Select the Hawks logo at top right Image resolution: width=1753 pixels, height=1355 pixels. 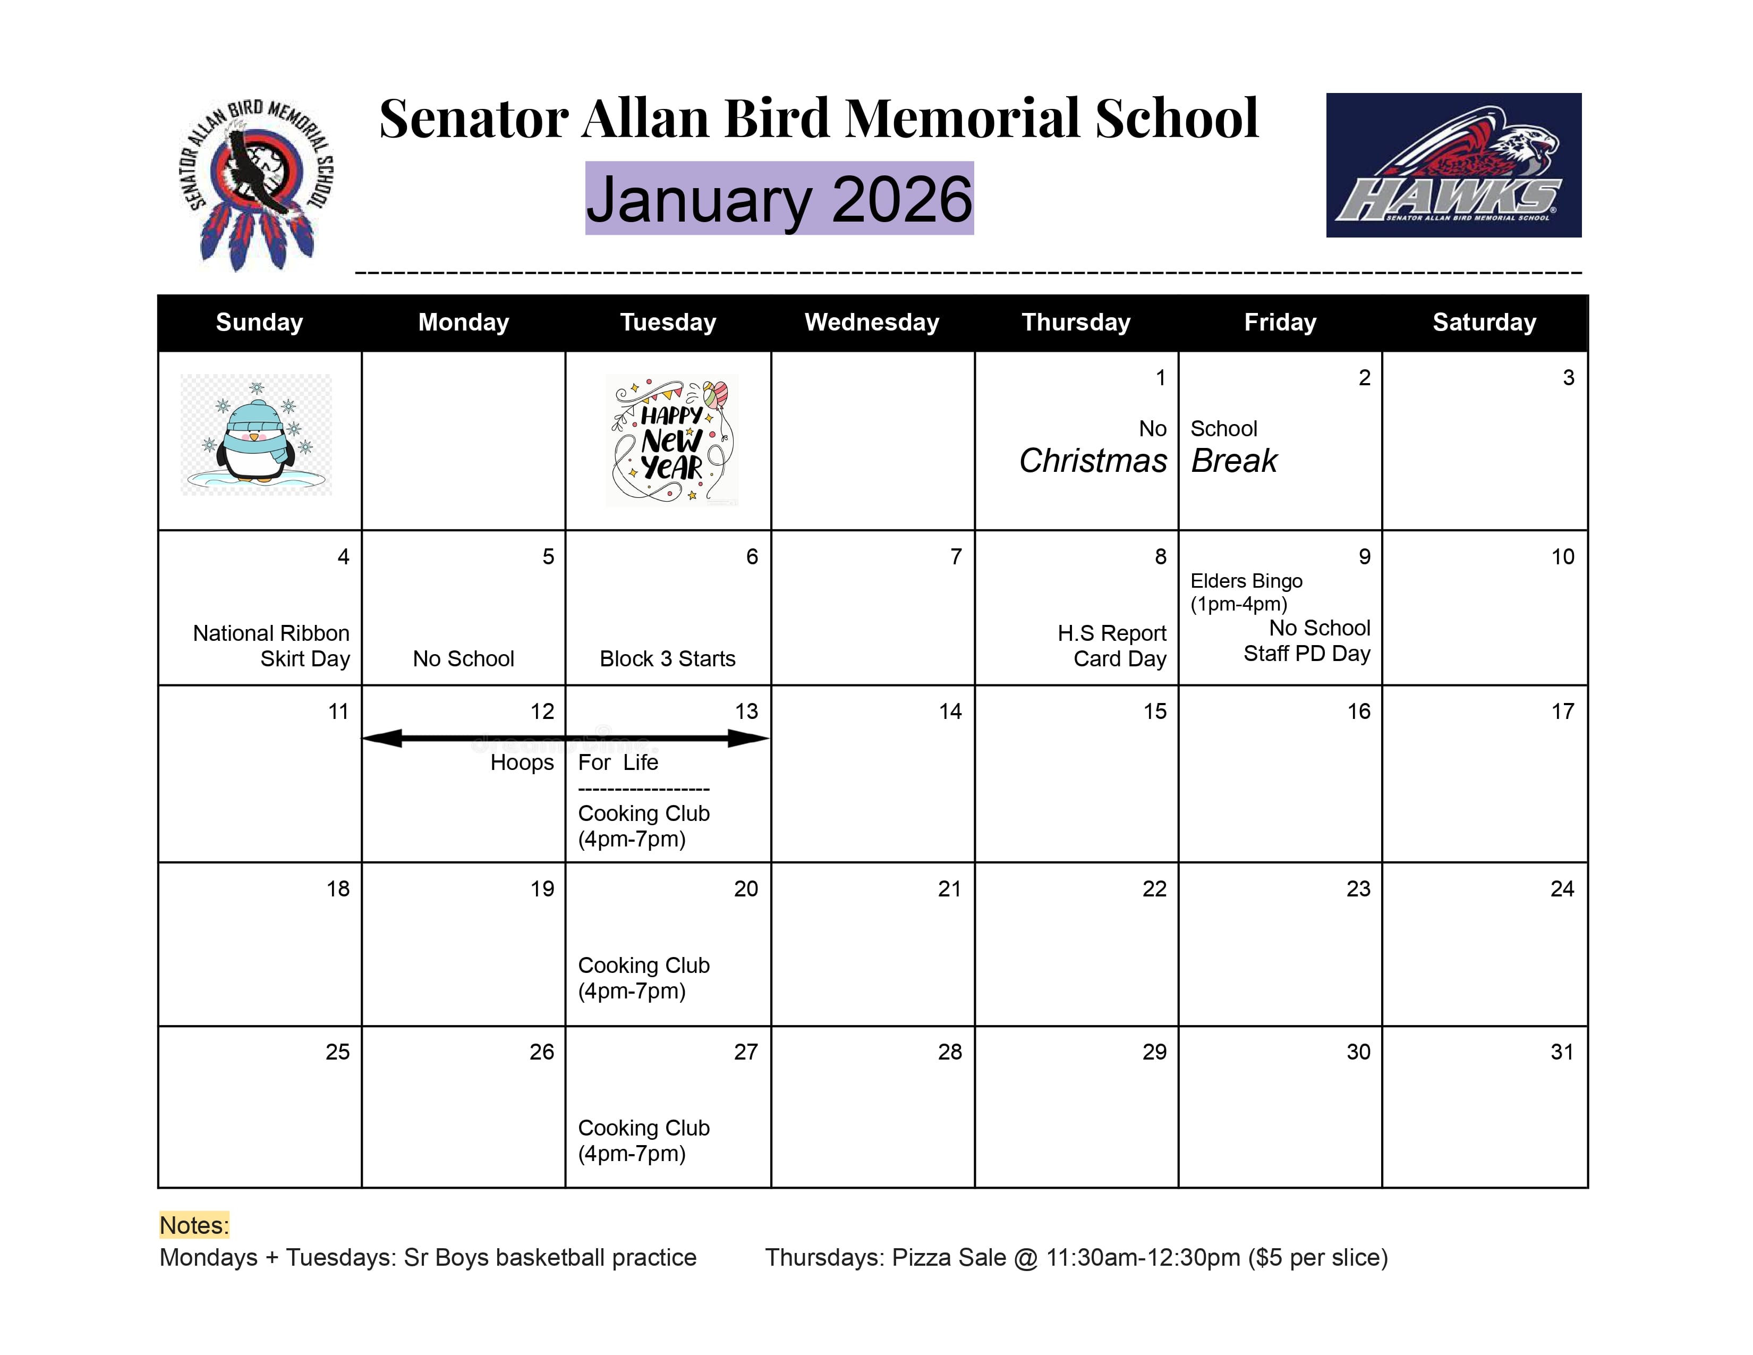[1453, 165]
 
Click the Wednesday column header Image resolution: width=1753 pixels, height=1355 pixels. [872, 323]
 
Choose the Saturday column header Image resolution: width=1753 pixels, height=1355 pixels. [1484, 323]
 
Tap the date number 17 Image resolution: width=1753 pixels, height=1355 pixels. [1562, 711]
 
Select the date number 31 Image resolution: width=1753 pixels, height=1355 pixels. [1562, 1052]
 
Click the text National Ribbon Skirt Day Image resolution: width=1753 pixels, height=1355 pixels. [271, 646]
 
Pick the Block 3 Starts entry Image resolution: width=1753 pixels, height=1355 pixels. [667, 659]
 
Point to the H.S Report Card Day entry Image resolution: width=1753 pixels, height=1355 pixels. [1112, 646]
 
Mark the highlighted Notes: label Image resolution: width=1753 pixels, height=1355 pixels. [194, 1225]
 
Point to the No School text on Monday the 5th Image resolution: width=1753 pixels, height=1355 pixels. [463, 659]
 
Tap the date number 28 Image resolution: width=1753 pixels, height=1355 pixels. [950, 1052]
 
